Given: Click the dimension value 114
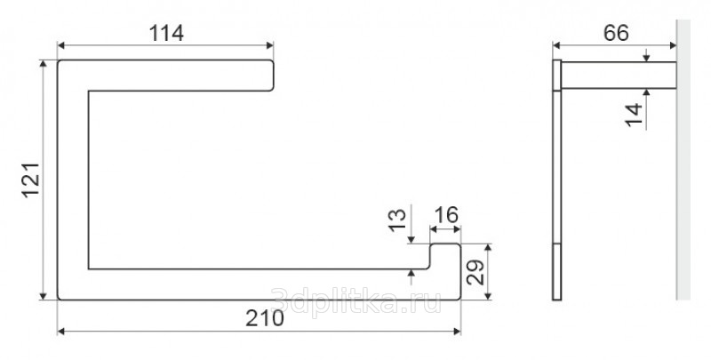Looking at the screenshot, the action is pos(166,33).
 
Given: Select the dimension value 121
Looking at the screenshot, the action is pos(31,180).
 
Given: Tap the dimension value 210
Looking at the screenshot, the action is pos(265,318).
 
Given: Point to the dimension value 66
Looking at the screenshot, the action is pos(616,33).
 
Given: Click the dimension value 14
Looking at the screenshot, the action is pos(634,115).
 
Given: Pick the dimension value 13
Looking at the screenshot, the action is pos(397,220).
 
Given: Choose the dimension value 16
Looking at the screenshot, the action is pos(446,215).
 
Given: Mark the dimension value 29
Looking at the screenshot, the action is pos(475,272).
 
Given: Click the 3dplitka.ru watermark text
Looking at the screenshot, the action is pos(355,300).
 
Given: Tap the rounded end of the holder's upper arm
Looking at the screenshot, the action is pos(271,76).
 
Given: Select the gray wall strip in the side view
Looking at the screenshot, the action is pos(683,159).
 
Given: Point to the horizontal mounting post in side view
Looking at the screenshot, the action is pos(619,76).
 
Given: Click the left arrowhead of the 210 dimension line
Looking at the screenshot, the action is pos(60,332).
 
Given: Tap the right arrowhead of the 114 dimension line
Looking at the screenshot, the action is pos(270,44).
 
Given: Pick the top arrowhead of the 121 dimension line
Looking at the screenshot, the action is pos(43,63).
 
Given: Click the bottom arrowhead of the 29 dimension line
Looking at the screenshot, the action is pos(488,296).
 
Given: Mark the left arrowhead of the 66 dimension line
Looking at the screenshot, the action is pos(556,44).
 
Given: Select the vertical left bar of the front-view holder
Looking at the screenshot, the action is pos(73,180).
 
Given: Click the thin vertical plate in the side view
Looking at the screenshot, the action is pos(557,180).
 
